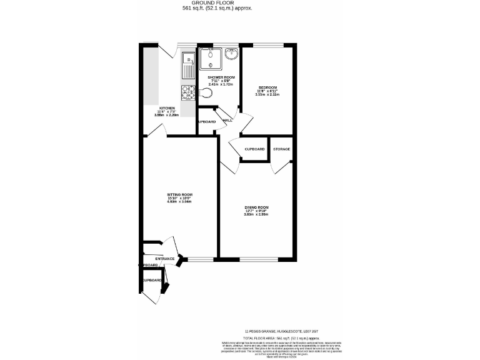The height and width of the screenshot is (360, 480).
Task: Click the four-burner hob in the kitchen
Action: pos(187,92)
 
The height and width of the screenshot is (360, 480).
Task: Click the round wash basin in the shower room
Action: pos(231,54)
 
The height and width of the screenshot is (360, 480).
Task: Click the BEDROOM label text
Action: pos(267,87)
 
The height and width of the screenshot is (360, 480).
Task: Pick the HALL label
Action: pos(227,120)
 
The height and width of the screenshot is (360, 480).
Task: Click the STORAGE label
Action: pos(281,149)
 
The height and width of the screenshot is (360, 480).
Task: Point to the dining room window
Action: pos(253,259)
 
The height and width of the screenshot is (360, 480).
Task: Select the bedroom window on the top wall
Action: pos(269,46)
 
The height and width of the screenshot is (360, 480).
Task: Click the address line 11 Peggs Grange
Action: pos(285,330)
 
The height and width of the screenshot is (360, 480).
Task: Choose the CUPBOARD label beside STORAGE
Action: pos(255,149)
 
